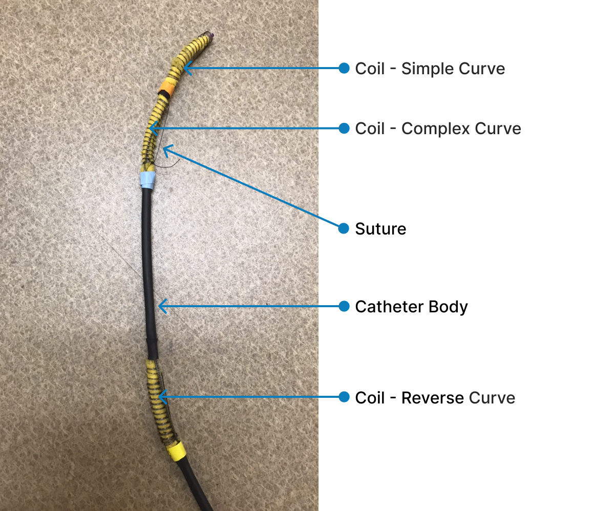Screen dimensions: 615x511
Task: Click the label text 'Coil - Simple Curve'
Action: (430, 69)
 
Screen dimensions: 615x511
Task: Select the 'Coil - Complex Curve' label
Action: (438, 129)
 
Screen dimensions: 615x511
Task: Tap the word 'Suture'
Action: (380, 228)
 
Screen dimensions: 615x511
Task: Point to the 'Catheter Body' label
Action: (411, 307)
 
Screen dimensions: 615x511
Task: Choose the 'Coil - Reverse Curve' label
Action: (435, 398)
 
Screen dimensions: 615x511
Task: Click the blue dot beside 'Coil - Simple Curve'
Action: (344, 68)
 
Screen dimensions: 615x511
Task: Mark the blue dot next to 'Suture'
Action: (344, 228)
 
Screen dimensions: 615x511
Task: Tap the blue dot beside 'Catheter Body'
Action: (344, 307)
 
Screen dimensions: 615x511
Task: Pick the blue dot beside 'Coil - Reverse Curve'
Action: (344, 397)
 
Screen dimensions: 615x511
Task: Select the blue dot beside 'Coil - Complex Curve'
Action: (344, 128)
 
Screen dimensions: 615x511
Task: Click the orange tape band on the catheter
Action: (167, 86)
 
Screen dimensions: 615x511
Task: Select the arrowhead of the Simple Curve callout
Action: (186, 68)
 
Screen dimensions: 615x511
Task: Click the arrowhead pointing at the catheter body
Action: (160, 307)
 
